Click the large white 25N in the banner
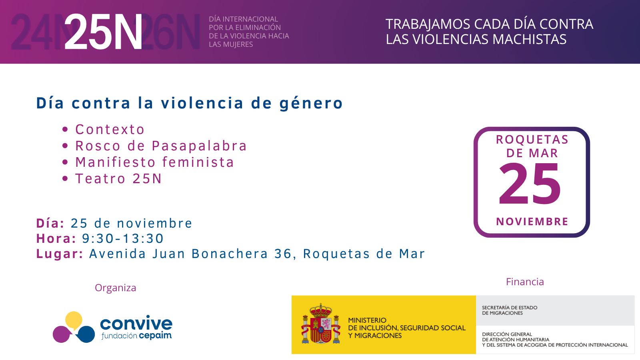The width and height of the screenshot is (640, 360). (103, 32)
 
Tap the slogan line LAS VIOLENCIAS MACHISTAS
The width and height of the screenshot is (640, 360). (476, 39)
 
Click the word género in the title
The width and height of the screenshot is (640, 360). (311, 103)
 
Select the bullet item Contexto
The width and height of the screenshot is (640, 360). (110, 130)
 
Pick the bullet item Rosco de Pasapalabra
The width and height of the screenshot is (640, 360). (161, 146)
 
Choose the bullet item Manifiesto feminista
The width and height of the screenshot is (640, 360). (154, 162)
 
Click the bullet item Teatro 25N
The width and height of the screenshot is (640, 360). (118, 179)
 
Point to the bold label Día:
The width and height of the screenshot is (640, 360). (50, 223)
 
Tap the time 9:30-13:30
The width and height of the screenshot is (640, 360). (123, 238)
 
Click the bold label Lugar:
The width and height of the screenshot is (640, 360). (60, 254)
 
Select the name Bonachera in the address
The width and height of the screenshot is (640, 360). (230, 254)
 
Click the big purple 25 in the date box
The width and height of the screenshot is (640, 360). (530, 185)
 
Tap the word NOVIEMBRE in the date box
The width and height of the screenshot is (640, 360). (532, 222)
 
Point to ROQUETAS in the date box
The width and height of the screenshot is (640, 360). (532, 139)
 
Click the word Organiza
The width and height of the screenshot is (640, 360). (115, 288)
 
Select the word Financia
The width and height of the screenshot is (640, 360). (525, 282)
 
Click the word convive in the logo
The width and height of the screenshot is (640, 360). (136, 323)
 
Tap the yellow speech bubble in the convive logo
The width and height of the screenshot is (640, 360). (74, 320)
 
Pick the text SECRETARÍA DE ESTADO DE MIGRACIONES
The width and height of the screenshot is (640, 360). (509, 310)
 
